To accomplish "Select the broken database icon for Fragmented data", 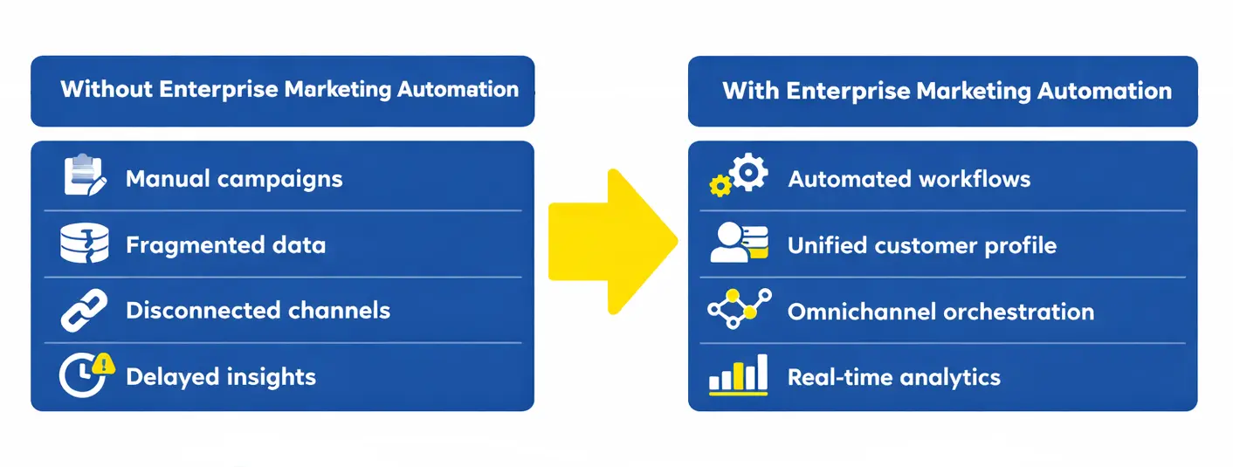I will (84, 244).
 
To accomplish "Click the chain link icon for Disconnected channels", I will (84, 310).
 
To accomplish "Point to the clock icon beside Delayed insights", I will (81, 376).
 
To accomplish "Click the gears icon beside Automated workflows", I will (739, 175).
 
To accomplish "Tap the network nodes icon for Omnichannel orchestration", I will (739, 309).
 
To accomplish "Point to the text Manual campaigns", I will (234, 179).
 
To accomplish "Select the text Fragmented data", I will (225, 245).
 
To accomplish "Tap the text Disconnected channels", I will (258, 311).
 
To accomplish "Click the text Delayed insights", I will (221, 377).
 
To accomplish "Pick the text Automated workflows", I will (909, 179).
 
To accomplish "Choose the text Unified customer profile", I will (921, 246).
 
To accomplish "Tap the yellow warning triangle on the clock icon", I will (104, 363).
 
